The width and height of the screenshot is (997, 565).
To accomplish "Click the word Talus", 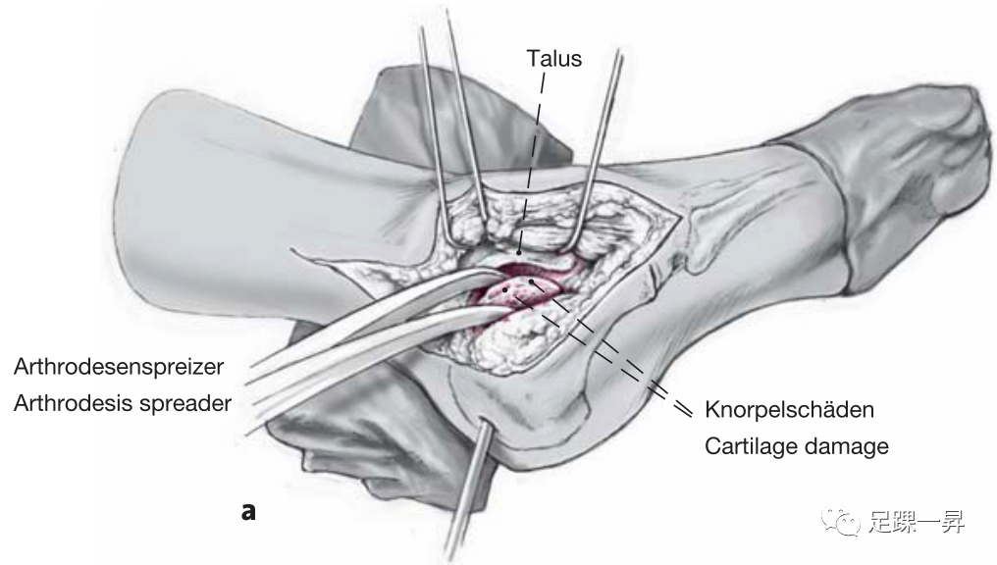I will tap(554, 58).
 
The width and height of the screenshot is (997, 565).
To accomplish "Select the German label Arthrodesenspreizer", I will tap(119, 367).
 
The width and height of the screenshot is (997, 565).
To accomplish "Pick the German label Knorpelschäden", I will tap(789, 407).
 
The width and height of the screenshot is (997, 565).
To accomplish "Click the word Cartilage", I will tap(751, 446).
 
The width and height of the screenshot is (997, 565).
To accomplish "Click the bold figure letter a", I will tap(248, 510).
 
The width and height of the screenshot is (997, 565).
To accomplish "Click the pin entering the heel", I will tap(469, 490).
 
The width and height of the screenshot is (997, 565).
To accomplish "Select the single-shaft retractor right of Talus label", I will tap(603, 137).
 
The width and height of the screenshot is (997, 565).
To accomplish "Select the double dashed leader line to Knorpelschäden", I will tap(628, 363).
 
